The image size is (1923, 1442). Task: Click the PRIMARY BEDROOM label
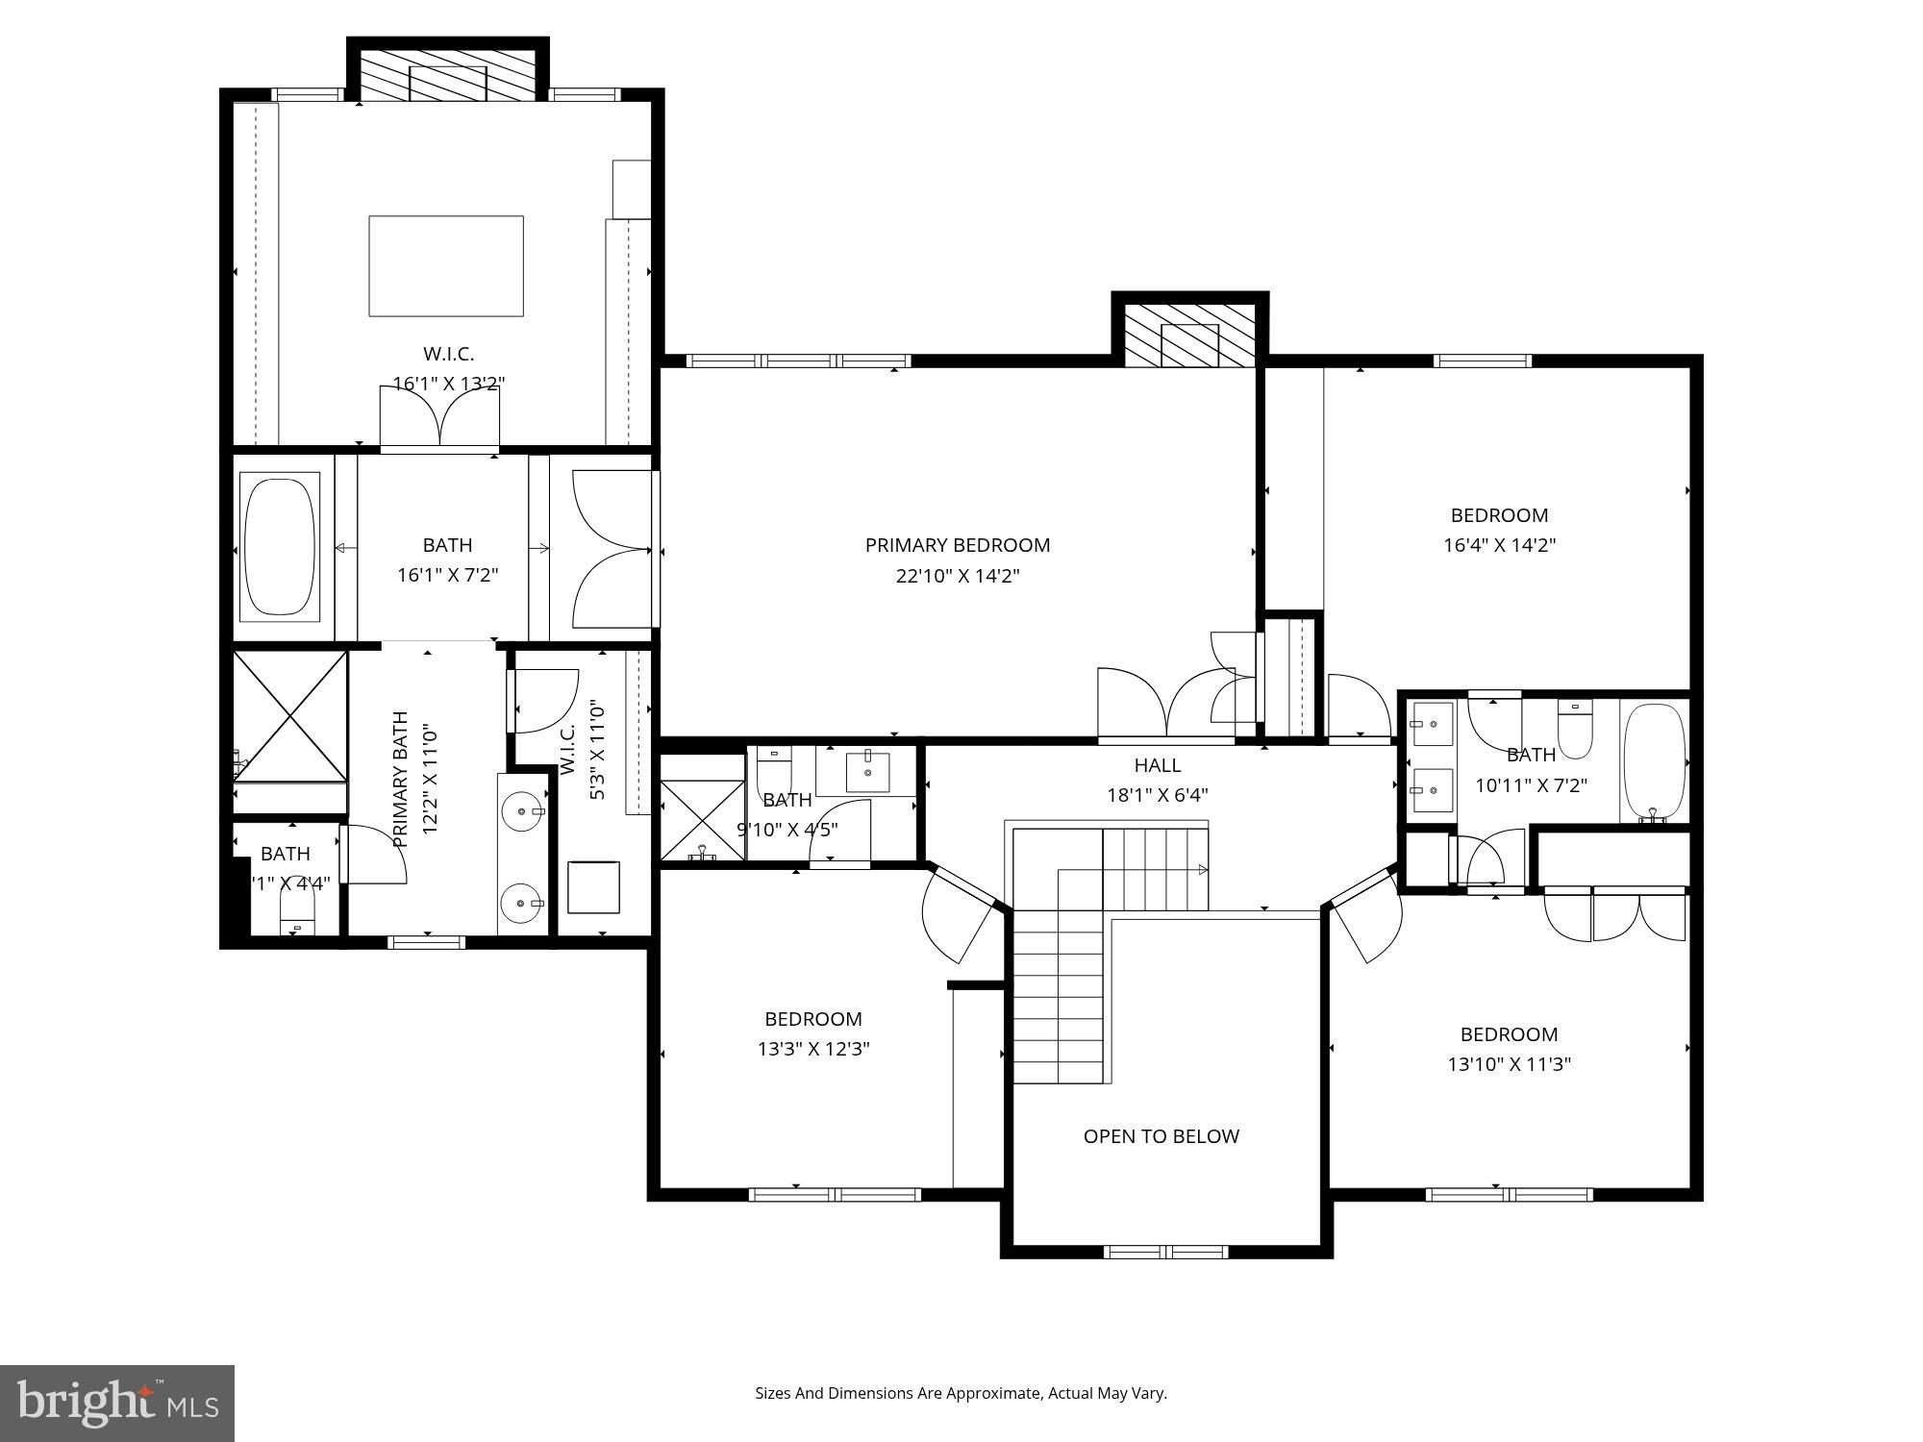pyautogui.click(x=957, y=545)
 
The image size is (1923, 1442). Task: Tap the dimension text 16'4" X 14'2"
pyautogui.click(x=1499, y=545)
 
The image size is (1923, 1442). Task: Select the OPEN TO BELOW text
pyautogui.click(x=1161, y=1136)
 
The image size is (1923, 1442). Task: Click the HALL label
pyautogui.click(x=1157, y=765)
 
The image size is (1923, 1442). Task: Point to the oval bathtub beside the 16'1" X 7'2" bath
pyautogui.click(x=279, y=546)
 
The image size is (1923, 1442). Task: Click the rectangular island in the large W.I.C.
pyautogui.click(x=446, y=265)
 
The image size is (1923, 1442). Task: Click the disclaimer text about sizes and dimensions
pyautogui.click(x=960, y=1393)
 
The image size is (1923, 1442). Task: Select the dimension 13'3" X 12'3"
pyautogui.click(x=813, y=1049)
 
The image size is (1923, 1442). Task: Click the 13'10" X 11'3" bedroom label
pyautogui.click(x=1509, y=1034)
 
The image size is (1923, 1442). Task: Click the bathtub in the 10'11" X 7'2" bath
pyautogui.click(x=1655, y=762)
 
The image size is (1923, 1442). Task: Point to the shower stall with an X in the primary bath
pyautogui.click(x=290, y=716)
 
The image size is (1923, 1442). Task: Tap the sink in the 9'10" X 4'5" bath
pyautogui.click(x=867, y=771)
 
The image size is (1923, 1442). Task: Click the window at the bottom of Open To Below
pyautogui.click(x=1165, y=1252)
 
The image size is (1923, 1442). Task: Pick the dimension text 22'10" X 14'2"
pyautogui.click(x=957, y=576)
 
